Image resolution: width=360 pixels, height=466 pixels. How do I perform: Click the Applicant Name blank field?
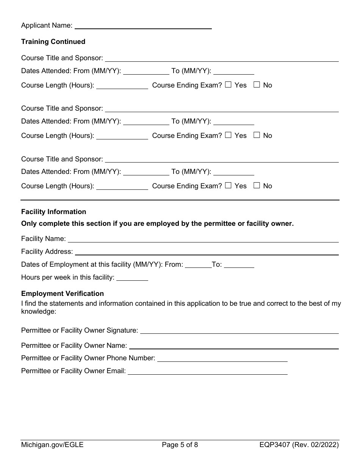143,25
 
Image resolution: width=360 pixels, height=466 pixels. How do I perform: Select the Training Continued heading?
53,42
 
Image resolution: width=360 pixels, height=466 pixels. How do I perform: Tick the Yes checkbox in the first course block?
228,85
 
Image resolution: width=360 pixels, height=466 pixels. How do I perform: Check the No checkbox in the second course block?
257,135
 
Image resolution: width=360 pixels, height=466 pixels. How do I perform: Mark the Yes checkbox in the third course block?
228,186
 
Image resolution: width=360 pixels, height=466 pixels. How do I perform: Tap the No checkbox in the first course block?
257,85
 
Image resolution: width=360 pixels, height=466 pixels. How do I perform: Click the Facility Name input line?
203,239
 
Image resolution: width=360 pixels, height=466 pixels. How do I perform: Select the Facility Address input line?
207,252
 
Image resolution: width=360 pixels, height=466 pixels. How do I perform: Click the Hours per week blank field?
132,277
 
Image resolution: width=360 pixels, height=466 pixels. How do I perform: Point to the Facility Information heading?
53,212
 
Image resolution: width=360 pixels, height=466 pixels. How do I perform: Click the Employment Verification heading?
63,294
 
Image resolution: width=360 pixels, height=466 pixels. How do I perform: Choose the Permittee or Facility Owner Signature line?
239,330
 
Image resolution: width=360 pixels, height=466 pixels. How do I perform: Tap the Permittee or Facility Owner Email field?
207,371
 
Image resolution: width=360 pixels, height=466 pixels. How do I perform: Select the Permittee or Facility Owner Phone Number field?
222,358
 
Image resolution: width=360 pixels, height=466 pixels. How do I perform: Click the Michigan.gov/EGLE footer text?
52,445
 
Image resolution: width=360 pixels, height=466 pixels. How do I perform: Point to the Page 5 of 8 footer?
180,445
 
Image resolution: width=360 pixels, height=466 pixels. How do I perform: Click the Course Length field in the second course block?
122,136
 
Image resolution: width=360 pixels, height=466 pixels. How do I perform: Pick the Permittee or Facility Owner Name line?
234,346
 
